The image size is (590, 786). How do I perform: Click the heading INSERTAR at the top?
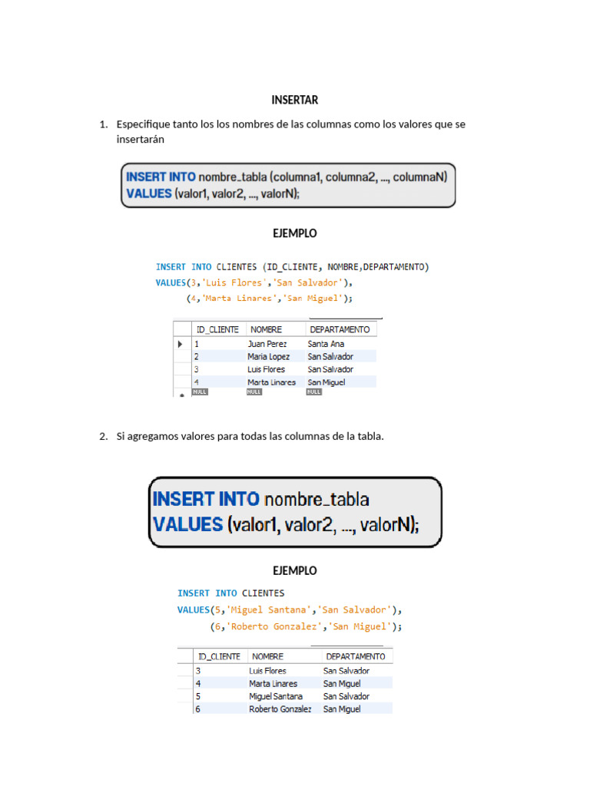click(294, 100)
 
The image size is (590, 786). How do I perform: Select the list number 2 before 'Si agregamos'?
click(103, 437)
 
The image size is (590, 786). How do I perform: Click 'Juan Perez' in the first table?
click(267, 344)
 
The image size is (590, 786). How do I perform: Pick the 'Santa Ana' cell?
click(326, 344)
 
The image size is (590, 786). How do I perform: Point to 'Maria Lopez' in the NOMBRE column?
click(268, 357)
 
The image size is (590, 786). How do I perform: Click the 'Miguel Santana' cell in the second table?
click(276, 696)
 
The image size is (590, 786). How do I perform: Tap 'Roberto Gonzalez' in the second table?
click(280, 709)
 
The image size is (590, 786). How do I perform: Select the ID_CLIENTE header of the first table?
click(218, 329)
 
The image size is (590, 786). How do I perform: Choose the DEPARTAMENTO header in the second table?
click(356, 657)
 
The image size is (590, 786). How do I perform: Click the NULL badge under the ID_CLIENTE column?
click(201, 391)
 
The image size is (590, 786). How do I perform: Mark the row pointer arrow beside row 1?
click(181, 345)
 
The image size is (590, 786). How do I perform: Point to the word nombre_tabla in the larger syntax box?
click(317, 500)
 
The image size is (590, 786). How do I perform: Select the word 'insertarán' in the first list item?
click(141, 140)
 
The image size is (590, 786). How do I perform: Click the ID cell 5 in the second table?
click(198, 696)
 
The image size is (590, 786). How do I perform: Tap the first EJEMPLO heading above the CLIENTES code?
click(294, 233)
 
